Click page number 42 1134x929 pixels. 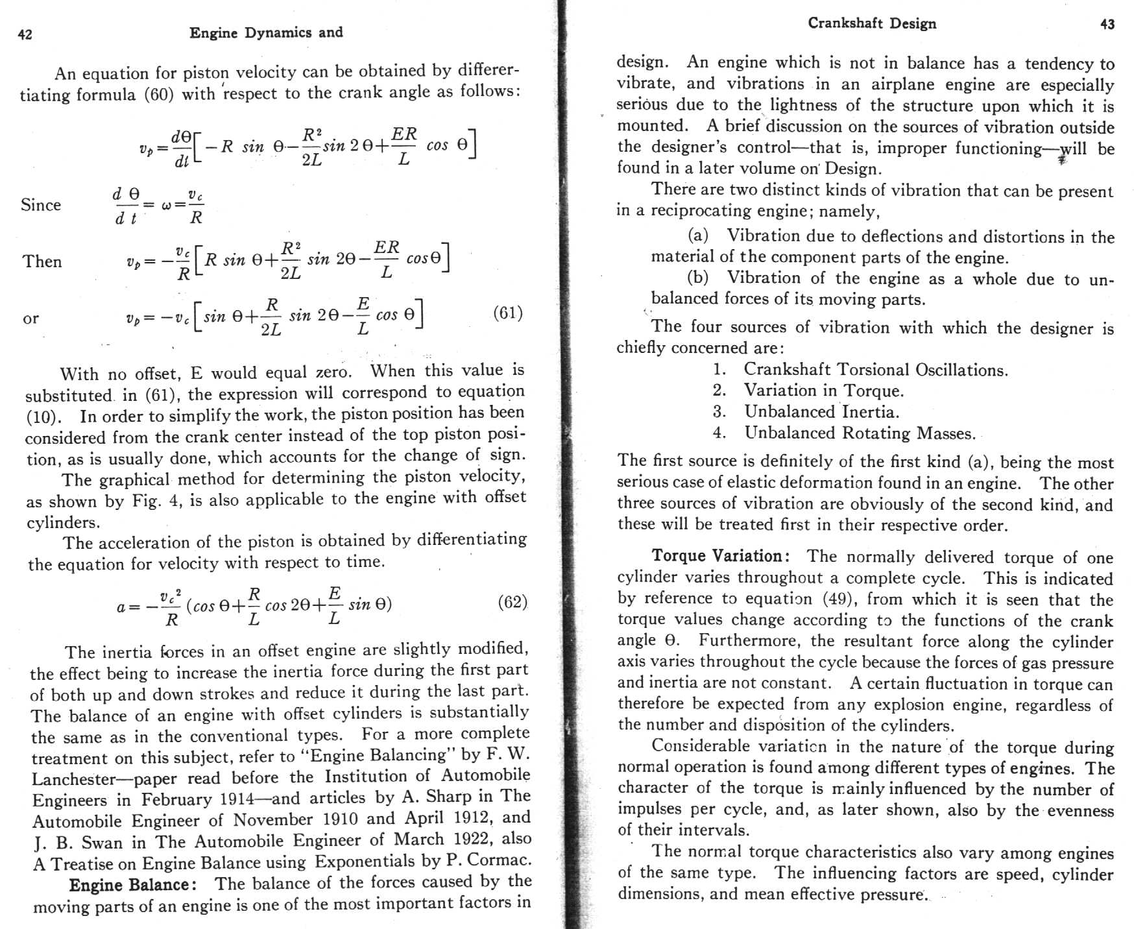(25, 34)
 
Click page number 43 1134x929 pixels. (1107, 25)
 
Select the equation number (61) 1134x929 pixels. (507, 313)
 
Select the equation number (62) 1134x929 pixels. (512, 602)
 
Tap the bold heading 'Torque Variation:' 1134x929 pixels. (720, 556)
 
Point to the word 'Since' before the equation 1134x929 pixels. (41, 205)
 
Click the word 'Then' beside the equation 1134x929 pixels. (42, 261)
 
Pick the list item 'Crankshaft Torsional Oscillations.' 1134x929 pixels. (875, 370)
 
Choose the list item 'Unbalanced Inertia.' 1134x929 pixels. (821, 412)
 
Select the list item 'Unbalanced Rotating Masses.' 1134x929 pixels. (860, 433)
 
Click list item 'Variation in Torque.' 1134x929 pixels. (823, 391)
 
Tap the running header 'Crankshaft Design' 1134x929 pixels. (872, 23)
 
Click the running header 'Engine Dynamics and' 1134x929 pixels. (266, 32)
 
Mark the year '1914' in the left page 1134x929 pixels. (237, 799)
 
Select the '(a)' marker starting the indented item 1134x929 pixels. (698, 235)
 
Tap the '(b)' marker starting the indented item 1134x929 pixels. (698, 278)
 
